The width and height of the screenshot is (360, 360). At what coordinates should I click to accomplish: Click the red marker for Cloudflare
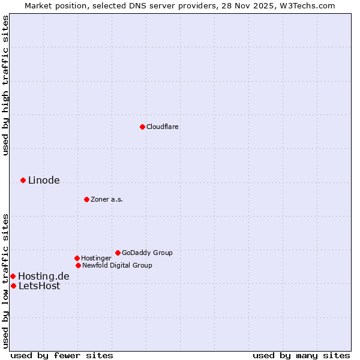[142, 127]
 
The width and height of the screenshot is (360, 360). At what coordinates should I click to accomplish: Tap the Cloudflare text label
[162, 127]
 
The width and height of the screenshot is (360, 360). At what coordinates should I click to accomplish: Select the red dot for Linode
[23, 180]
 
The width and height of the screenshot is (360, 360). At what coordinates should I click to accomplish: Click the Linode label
[44, 180]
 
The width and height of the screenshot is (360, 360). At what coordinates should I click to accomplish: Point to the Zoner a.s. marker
[86, 199]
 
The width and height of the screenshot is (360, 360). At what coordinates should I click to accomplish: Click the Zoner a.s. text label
[107, 199]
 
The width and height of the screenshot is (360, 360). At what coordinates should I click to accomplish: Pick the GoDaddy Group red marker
[118, 253]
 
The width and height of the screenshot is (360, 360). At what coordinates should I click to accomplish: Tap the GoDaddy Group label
[147, 253]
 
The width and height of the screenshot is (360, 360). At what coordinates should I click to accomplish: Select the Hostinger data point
[77, 258]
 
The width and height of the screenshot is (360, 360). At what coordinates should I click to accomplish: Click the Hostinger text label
[96, 258]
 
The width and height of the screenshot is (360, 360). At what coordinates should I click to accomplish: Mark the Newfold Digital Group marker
[78, 265]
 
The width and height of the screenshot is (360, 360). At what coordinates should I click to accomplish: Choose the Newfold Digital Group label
[117, 265]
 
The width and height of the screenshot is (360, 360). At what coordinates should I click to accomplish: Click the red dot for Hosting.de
[13, 276]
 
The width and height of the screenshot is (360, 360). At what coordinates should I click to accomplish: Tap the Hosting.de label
[43, 276]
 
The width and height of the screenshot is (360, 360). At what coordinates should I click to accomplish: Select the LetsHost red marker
[13, 286]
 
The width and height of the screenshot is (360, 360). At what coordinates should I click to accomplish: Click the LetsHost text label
[39, 286]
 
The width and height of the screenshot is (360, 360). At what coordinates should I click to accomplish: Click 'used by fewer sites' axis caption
[62, 355]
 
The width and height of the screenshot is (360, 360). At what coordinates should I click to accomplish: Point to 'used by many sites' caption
[301, 355]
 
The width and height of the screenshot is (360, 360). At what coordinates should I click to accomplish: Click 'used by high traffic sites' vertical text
[6, 85]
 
